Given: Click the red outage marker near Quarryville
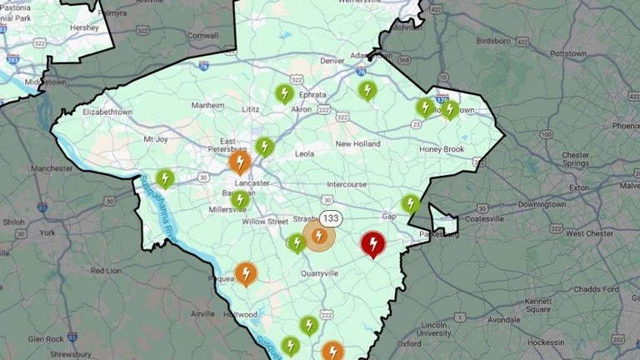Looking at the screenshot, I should [372, 244].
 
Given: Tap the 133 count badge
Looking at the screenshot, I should [331, 218].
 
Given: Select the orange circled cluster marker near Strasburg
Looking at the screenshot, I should [318, 237].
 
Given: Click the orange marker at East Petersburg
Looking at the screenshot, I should [240, 161].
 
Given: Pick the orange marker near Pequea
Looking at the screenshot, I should [245, 272].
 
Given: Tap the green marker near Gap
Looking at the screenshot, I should [410, 203].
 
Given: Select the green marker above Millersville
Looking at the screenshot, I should [240, 199].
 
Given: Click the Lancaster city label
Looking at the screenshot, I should [252, 182].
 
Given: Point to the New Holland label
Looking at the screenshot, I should [357, 143].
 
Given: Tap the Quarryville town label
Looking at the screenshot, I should [321, 272].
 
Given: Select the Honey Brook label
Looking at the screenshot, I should [442, 149].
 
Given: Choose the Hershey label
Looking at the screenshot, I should [84, 27].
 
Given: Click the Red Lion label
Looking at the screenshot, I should [106, 271].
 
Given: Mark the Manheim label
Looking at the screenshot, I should [207, 106].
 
